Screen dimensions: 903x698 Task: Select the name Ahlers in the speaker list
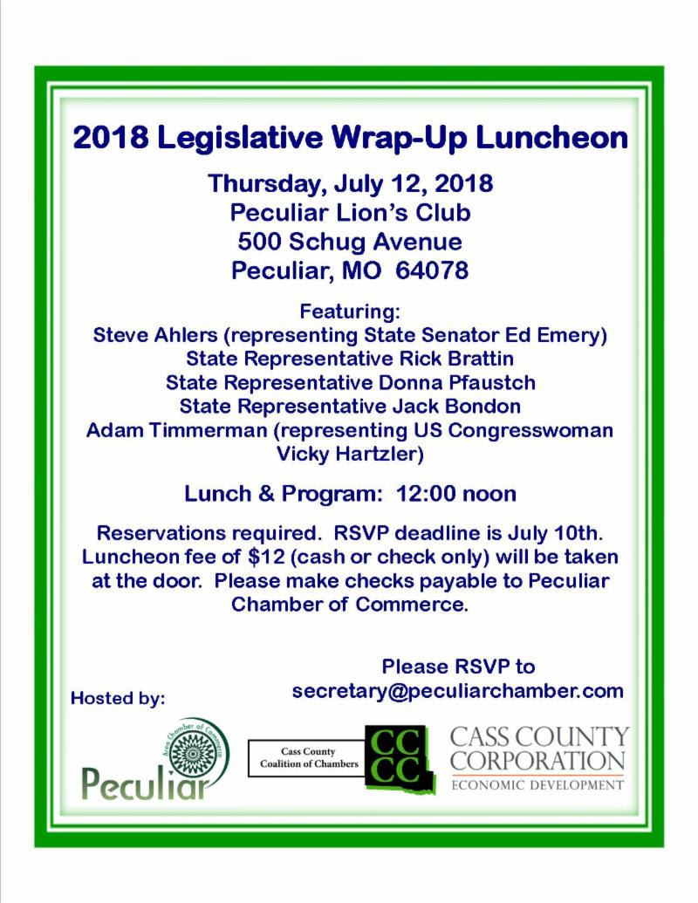click(x=174, y=334)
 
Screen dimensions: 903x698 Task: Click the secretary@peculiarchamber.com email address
click(x=458, y=691)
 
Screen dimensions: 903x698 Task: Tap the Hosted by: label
click(x=118, y=698)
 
